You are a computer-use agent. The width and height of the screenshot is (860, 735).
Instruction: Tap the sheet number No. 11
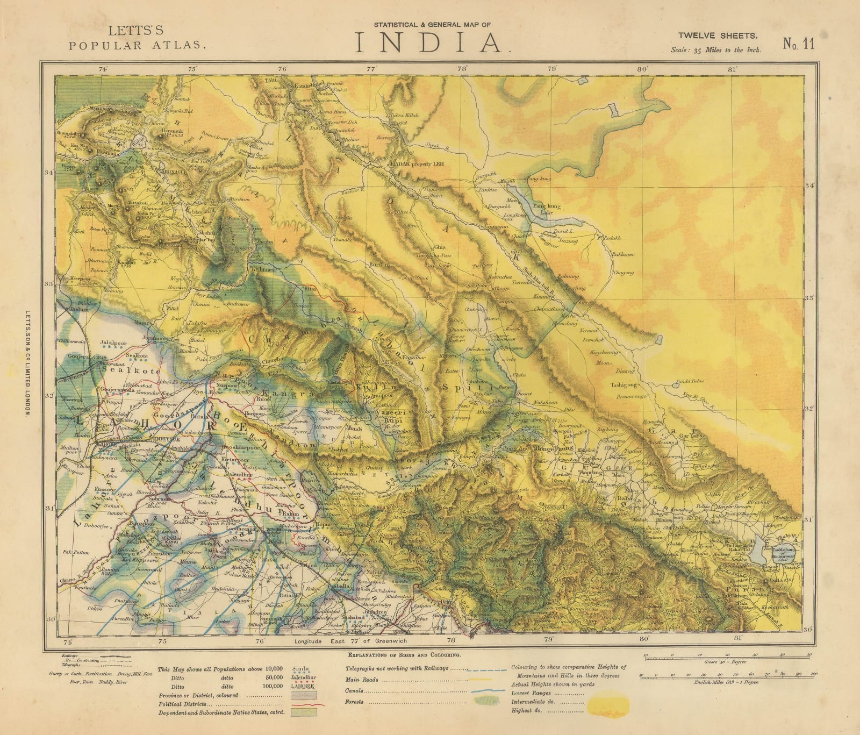pyautogui.click(x=798, y=45)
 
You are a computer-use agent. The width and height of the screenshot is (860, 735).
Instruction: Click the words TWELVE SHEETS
pyautogui.click(x=718, y=36)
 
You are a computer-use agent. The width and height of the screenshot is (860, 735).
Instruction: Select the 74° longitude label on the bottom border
pyautogui.click(x=67, y=641)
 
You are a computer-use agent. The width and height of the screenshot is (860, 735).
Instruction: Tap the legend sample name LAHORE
pyautogui.click(x=301, y=687)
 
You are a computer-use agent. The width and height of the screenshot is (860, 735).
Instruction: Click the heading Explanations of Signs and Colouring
pyautogui.click(x=404, y=656)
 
